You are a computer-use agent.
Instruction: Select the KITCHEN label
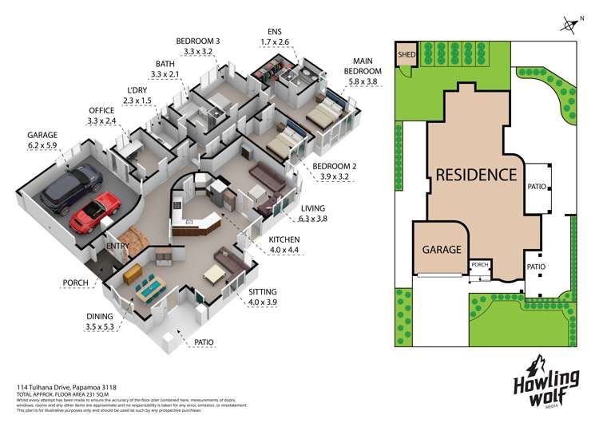point(284,239)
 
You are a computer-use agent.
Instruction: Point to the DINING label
point(101,317)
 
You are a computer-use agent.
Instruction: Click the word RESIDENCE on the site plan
point(476,174)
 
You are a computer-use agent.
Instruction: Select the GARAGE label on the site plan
point(440,249)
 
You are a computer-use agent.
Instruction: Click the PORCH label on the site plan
point(479,265)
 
